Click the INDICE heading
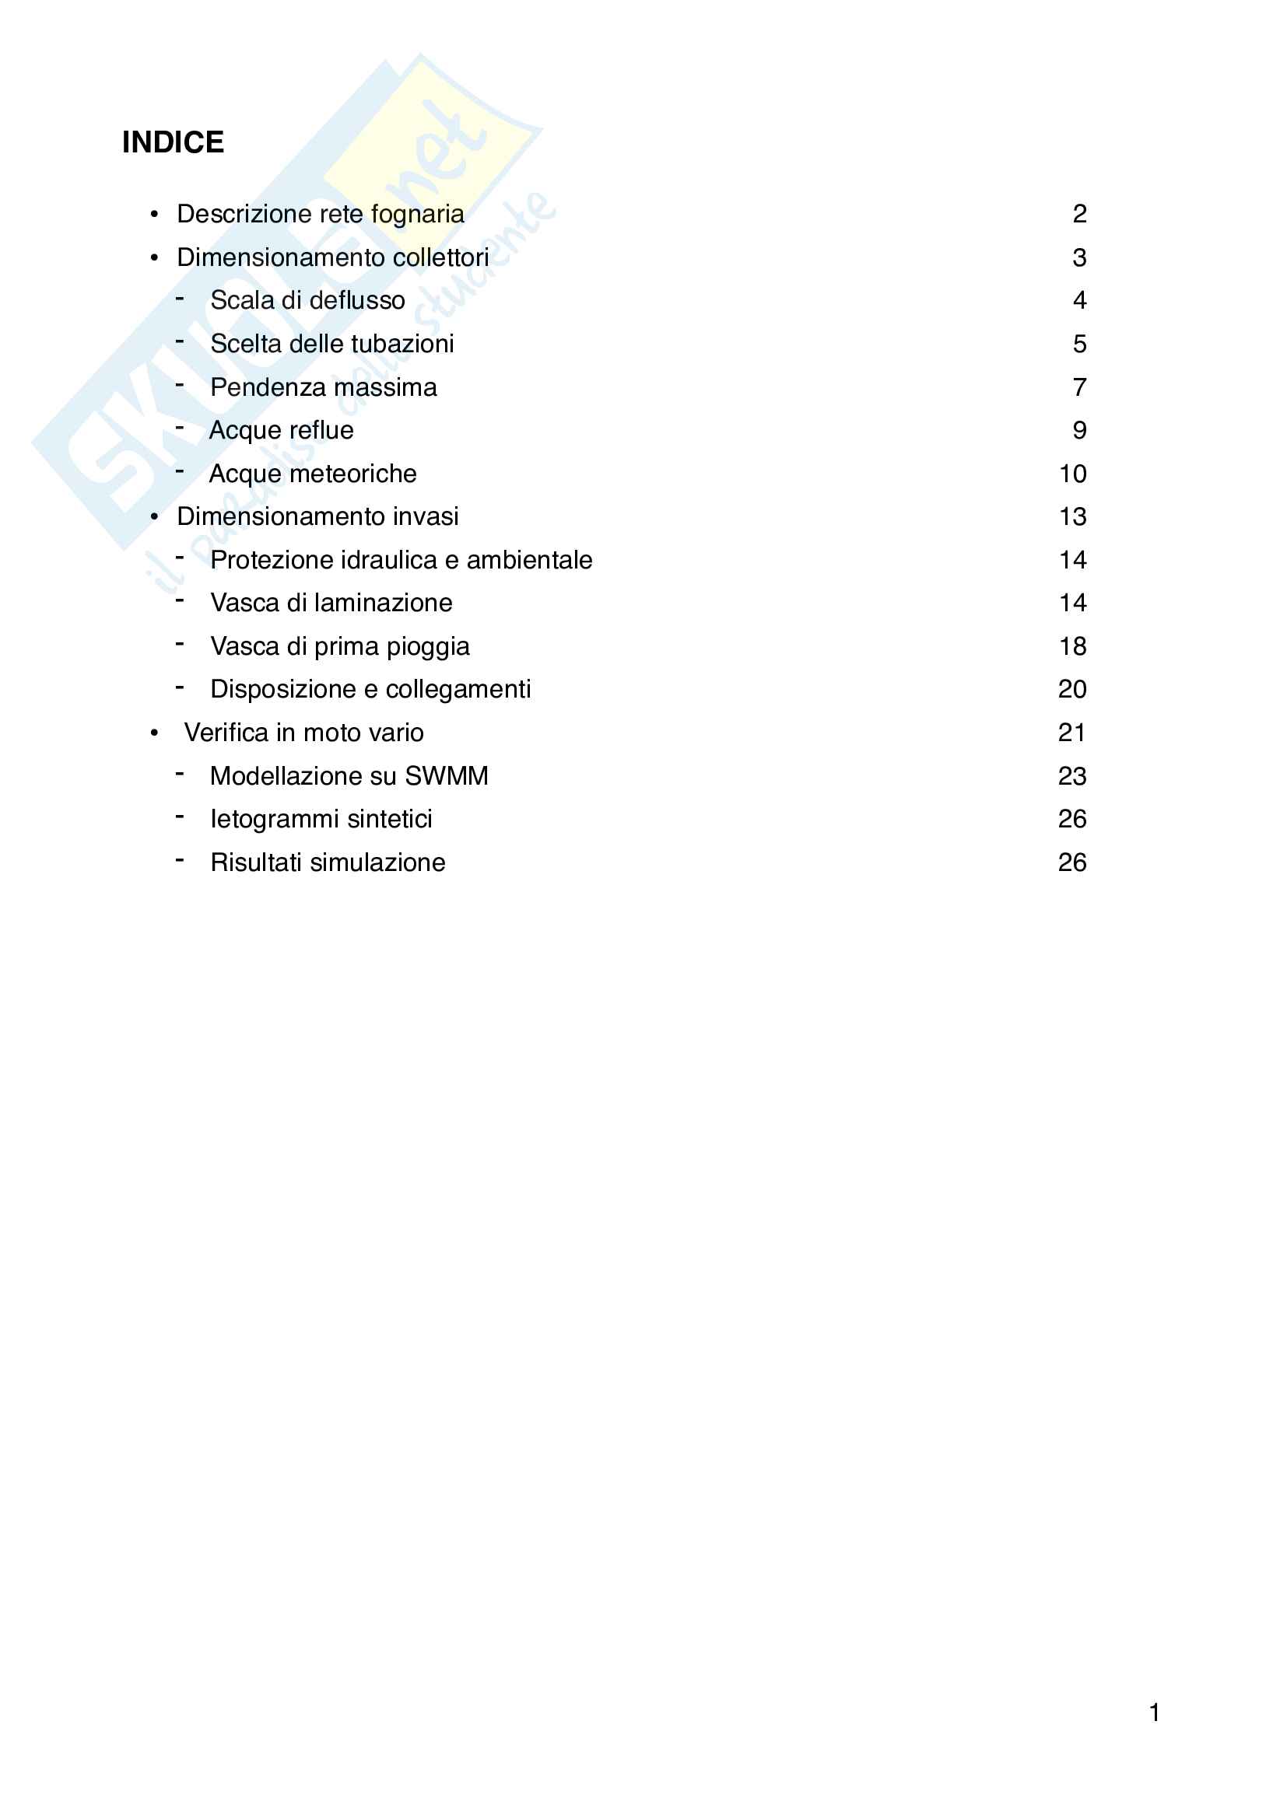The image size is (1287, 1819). (x=173, y=142)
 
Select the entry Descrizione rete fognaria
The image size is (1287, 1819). (x=320, y=214)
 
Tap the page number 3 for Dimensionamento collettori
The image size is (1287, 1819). (x=1078, y=257)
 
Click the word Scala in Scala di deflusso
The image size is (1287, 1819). (x=241, y=300)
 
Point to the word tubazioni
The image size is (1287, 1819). (x=405, y=344)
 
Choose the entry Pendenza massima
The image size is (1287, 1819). (x=324, y=387)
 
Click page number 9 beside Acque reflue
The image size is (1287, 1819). (x=1078, y=430)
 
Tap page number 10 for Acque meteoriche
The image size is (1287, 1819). (x=1072, y=474)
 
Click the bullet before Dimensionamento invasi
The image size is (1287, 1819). (x=155, y=516)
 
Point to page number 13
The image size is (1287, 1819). (x=1072, y=516)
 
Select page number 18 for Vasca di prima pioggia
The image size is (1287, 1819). (x=1072, y=646)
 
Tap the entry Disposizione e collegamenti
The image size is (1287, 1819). (x=370, y=689)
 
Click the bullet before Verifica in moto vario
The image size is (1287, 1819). (x=155, y=733)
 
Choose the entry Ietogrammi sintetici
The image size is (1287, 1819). (x=321, y=819)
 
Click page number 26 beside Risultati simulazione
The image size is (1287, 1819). (x=1071, y=862)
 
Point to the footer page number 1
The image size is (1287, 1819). (x=1155, y=1712)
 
